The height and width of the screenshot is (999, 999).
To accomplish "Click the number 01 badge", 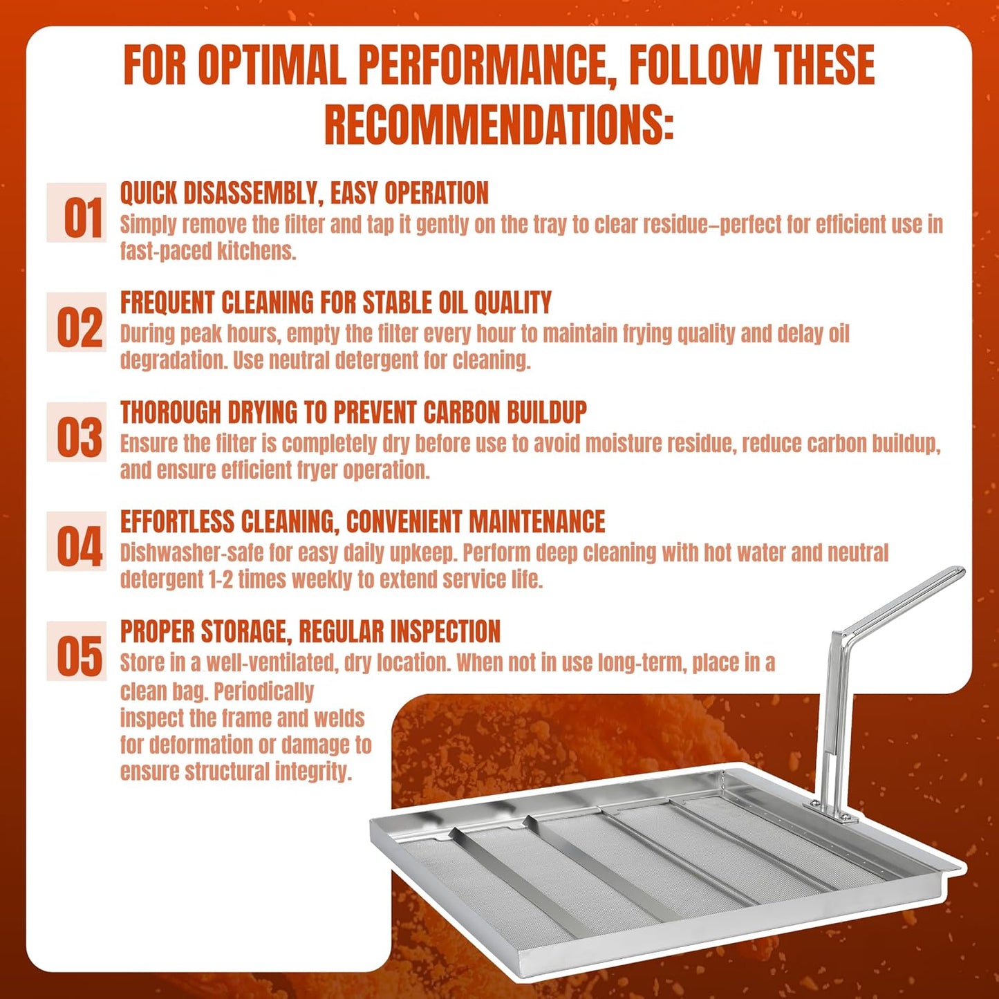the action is (x=76, y=212).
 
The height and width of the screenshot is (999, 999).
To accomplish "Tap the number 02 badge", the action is (x=76, y=322).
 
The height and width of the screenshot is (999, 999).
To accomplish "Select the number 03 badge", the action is (x=76, y=432).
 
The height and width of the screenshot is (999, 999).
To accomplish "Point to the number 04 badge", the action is (x=76, y=541).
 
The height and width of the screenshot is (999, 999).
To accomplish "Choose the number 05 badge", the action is (x=76, y=651).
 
